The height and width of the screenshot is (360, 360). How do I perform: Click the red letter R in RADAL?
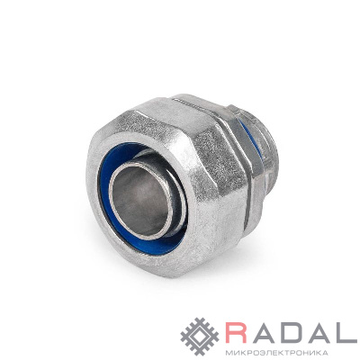click(236, 332)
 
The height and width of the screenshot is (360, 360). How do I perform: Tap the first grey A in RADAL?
click(263, 332)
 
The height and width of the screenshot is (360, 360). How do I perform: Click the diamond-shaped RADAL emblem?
click(200, 337)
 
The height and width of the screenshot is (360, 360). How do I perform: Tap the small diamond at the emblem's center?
click(200, 337)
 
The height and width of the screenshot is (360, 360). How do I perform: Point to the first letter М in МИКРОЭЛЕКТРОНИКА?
click(228, 352)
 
